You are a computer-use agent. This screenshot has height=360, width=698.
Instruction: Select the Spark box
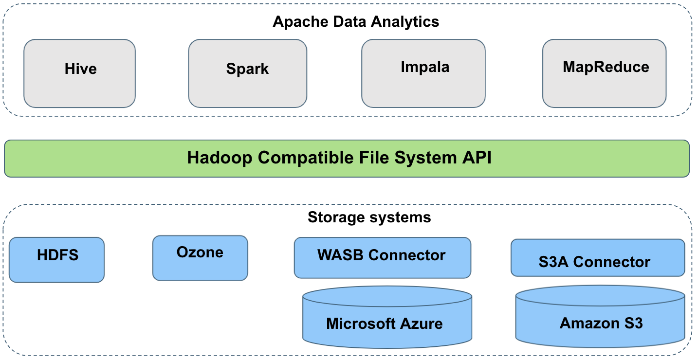[247, 73]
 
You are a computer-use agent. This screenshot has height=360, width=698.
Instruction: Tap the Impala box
[423, 73]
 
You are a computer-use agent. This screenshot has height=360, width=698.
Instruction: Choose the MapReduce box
[604, 73]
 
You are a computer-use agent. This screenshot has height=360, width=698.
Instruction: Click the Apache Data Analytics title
[356, 22]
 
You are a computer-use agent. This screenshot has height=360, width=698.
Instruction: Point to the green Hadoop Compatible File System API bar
[347, 159]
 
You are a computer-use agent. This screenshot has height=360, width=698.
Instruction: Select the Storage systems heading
[369, 217]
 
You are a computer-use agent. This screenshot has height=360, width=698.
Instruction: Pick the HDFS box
[57, 260]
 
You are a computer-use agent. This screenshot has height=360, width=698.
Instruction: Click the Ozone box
[200, 258]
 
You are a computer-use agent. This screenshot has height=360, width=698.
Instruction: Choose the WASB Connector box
[382, 257]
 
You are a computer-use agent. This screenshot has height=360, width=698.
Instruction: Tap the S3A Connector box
[597, 257]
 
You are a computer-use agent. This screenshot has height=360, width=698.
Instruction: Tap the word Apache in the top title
[296, 22]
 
